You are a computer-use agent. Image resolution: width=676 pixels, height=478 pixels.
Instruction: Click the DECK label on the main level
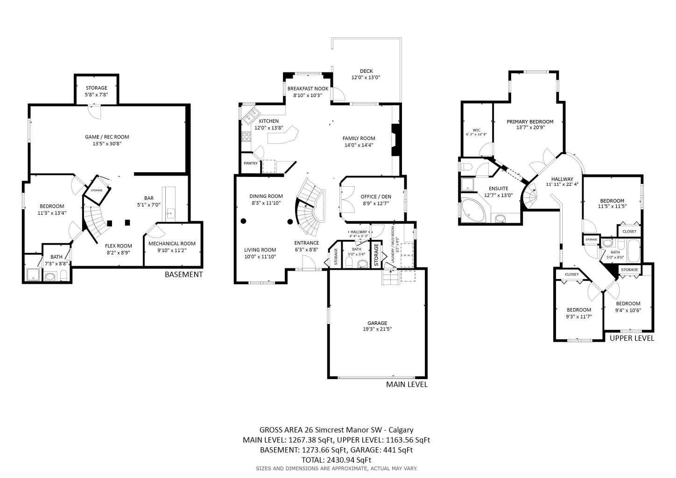pos(366,71)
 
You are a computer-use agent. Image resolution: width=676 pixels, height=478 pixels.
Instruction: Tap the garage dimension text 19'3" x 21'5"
pos(377,329)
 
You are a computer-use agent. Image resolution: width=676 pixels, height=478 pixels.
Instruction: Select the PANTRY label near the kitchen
pos(250,163)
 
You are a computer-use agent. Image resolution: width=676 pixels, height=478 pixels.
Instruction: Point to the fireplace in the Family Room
pos(395,140)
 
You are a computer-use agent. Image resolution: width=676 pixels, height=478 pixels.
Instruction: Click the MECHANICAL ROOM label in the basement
pos(172,244)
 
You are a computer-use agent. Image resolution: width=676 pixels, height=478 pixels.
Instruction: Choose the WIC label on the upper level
pos(476,130)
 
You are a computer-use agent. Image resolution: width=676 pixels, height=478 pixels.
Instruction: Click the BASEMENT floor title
pos(183,274)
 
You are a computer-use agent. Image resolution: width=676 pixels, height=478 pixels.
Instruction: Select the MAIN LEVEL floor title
pos(406,385)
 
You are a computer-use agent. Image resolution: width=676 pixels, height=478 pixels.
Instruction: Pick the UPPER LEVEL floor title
pos(632,338)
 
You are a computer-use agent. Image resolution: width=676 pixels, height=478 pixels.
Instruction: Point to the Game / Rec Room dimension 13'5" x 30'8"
pos(107,144)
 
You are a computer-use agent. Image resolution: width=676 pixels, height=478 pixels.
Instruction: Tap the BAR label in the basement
pos(148,198)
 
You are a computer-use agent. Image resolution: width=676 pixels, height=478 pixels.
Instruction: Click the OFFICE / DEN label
pos(376,197)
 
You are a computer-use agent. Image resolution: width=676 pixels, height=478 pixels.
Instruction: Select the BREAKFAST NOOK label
pos(308,89)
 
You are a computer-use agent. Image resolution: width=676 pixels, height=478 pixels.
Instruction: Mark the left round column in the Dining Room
pos(243,221)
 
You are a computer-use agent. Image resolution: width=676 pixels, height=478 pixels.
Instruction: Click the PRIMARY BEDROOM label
pos(530,122)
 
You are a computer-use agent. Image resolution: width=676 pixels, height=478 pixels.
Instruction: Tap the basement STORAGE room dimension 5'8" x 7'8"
pos(96,95)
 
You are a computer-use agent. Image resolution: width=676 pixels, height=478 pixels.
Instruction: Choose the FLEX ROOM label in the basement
pos(118,246)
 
